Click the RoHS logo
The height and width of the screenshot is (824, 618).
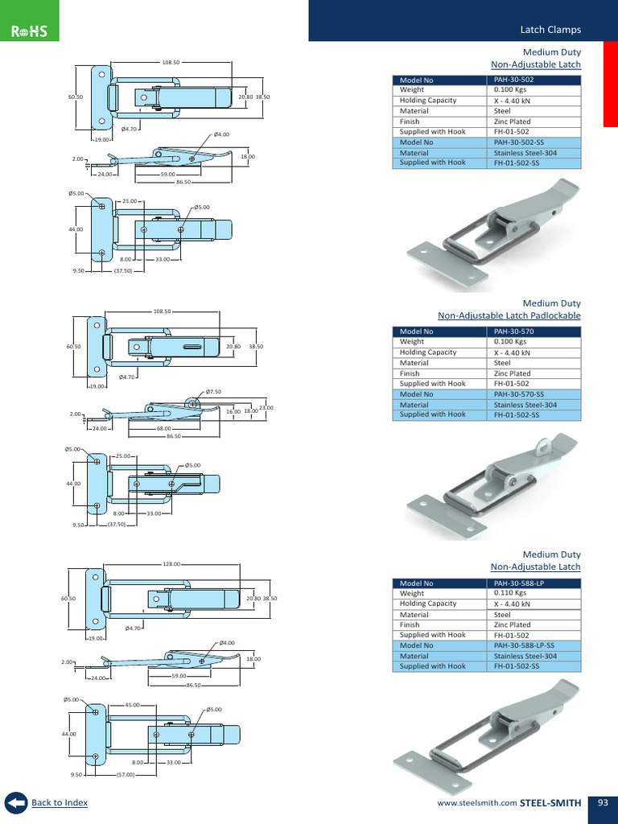pyautogui.click(x=30, y=31)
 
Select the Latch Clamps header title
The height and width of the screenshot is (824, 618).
pyautogui.click(x=550, y=30)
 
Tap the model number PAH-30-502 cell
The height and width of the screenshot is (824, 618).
pyautogui.click(x=513, y=80)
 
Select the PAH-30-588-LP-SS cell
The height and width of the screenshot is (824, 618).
pyautogui.click(x=523, y=645)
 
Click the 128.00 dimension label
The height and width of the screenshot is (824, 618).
pyautogui.click(x=171, y=564)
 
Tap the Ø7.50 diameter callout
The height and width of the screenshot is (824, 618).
pyautogui.click(x=213, y=392)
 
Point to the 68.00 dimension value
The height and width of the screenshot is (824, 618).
pyautogui.click(x=163, y=429)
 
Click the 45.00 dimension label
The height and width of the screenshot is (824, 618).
pyautogui.click(x=134, y=705)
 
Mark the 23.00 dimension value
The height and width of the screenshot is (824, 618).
pyautogui.click(x=266, y=408)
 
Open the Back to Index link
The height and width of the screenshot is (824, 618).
pyautogui.click(x=60, y=802)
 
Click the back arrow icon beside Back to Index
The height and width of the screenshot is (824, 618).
pyautogui.click(x=15, y=803)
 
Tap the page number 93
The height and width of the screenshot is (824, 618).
pyautogui.click(x=603, y=802)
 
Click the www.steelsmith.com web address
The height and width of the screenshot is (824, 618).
pyautogui.click(x=476, y=803)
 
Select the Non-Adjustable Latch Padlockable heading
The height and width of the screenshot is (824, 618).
pyautogui.click(x=509, y=315)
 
